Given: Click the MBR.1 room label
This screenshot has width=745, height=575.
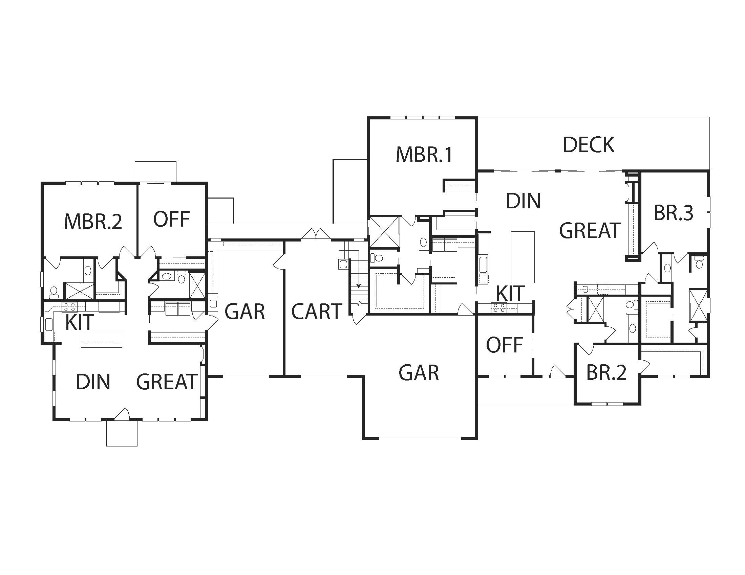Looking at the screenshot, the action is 424,154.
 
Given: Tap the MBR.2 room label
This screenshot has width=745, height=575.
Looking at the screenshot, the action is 93,222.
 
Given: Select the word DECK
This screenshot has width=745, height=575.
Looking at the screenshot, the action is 589,145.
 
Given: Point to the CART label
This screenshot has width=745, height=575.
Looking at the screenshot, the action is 317,311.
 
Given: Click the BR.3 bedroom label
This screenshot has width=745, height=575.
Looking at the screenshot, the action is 673,213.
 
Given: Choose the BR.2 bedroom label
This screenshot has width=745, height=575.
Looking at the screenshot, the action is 606,372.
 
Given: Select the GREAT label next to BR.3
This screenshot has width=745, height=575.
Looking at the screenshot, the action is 590,230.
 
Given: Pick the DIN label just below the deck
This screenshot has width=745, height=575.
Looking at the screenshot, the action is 523,201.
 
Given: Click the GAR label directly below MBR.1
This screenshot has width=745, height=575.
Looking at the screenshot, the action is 419,372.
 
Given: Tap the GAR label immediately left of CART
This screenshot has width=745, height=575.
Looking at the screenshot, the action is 245,311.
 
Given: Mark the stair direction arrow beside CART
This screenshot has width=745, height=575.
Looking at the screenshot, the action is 359,277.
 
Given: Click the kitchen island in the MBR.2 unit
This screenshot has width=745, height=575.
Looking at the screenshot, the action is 101,340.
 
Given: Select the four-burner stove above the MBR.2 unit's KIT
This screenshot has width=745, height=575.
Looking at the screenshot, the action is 69,307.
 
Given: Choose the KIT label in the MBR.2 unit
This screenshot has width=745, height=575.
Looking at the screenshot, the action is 80,322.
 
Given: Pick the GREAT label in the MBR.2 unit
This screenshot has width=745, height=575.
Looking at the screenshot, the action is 167,382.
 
